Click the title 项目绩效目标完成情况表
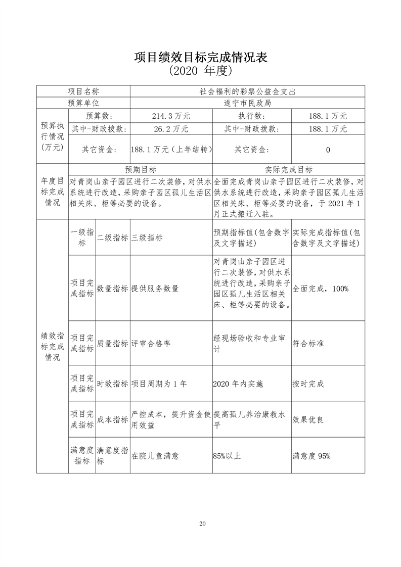click(x=200, y=57)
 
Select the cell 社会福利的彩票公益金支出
click(x=247, y=91)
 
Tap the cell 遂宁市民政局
click(x=247, y=104)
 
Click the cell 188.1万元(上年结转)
click(x=171, y=150)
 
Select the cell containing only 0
click(x=328, y=150)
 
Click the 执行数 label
click(x=251, y=116)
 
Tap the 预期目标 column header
click(x=141, y=169)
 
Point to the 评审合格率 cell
click(x=151, y=343)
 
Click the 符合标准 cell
click(x=308, y=343)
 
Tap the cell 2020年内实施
click(x=238, y=384)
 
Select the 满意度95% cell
click(x=311, y=456)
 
